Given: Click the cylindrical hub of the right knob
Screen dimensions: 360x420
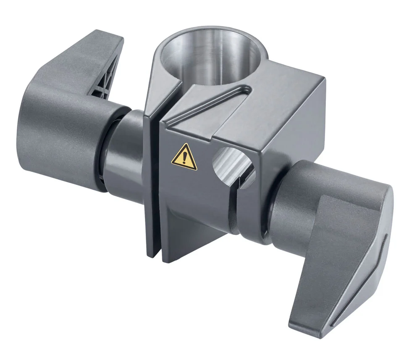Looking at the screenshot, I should click(x=294, y=197).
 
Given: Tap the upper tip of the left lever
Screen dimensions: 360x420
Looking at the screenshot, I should click(x=105, y=34).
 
